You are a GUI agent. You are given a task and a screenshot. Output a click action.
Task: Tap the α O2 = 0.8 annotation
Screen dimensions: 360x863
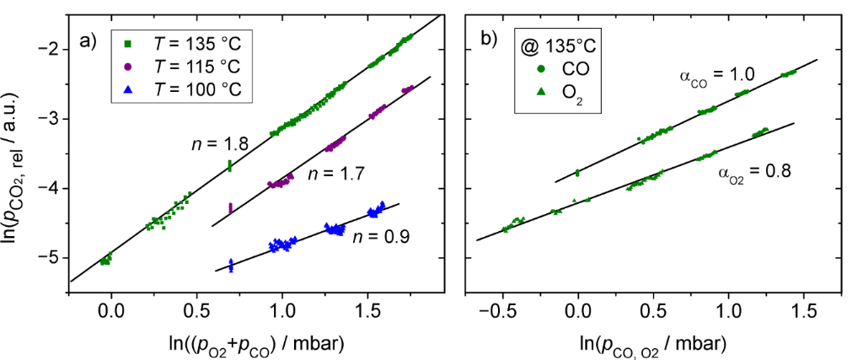[754, 173]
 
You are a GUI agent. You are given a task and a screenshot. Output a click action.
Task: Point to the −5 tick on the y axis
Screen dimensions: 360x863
[49, 257]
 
